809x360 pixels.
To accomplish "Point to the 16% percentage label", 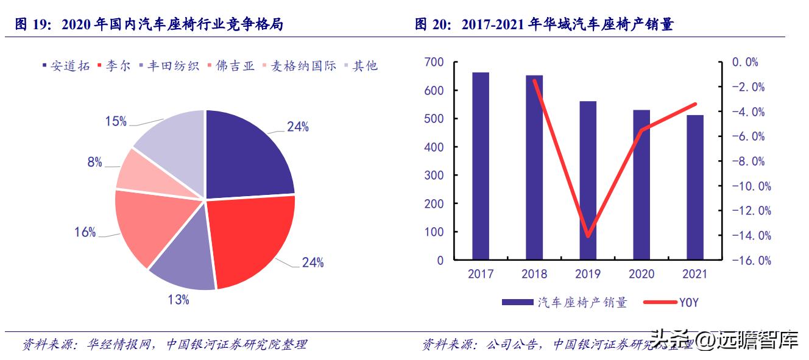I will (x=85, y=232).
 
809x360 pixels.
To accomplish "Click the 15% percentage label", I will (x=116, y=121).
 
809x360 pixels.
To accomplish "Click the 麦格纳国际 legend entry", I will (x=299, y=66).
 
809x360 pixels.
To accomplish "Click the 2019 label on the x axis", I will (x=588, y=274).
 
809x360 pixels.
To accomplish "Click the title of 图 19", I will (x=149, y=25).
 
